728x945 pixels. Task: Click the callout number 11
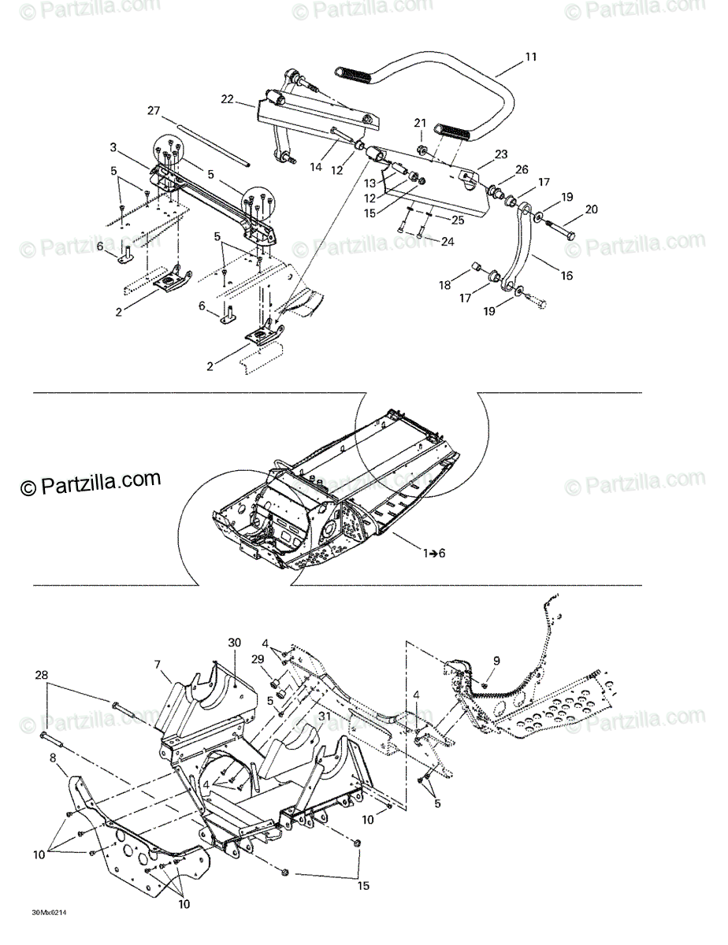pyautogui.click(x=531, y=57)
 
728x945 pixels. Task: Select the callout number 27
pyautogui.click(x=154, y=110)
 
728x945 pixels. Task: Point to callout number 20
pyautogui.click(x=591, y=209)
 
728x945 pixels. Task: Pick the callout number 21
pyautogui.click(x=420, y=123)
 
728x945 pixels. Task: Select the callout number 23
pyautogui.click(x=501, y=154)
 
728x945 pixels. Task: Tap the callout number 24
pyautogui.click(x=448, y=242)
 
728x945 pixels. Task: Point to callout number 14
pyautogui.click(x=317, y=168)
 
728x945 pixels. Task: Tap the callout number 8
pyautogui.click(x=53, y=758)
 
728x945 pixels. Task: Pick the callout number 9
pyautogui.click(x=496, y=660)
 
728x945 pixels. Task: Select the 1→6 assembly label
pyautogui.click(x=433, y=553)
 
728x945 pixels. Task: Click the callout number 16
pyautogui.click(x=566, y=276)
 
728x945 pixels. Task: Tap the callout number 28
pyautogui.click(x=42, y=675)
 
